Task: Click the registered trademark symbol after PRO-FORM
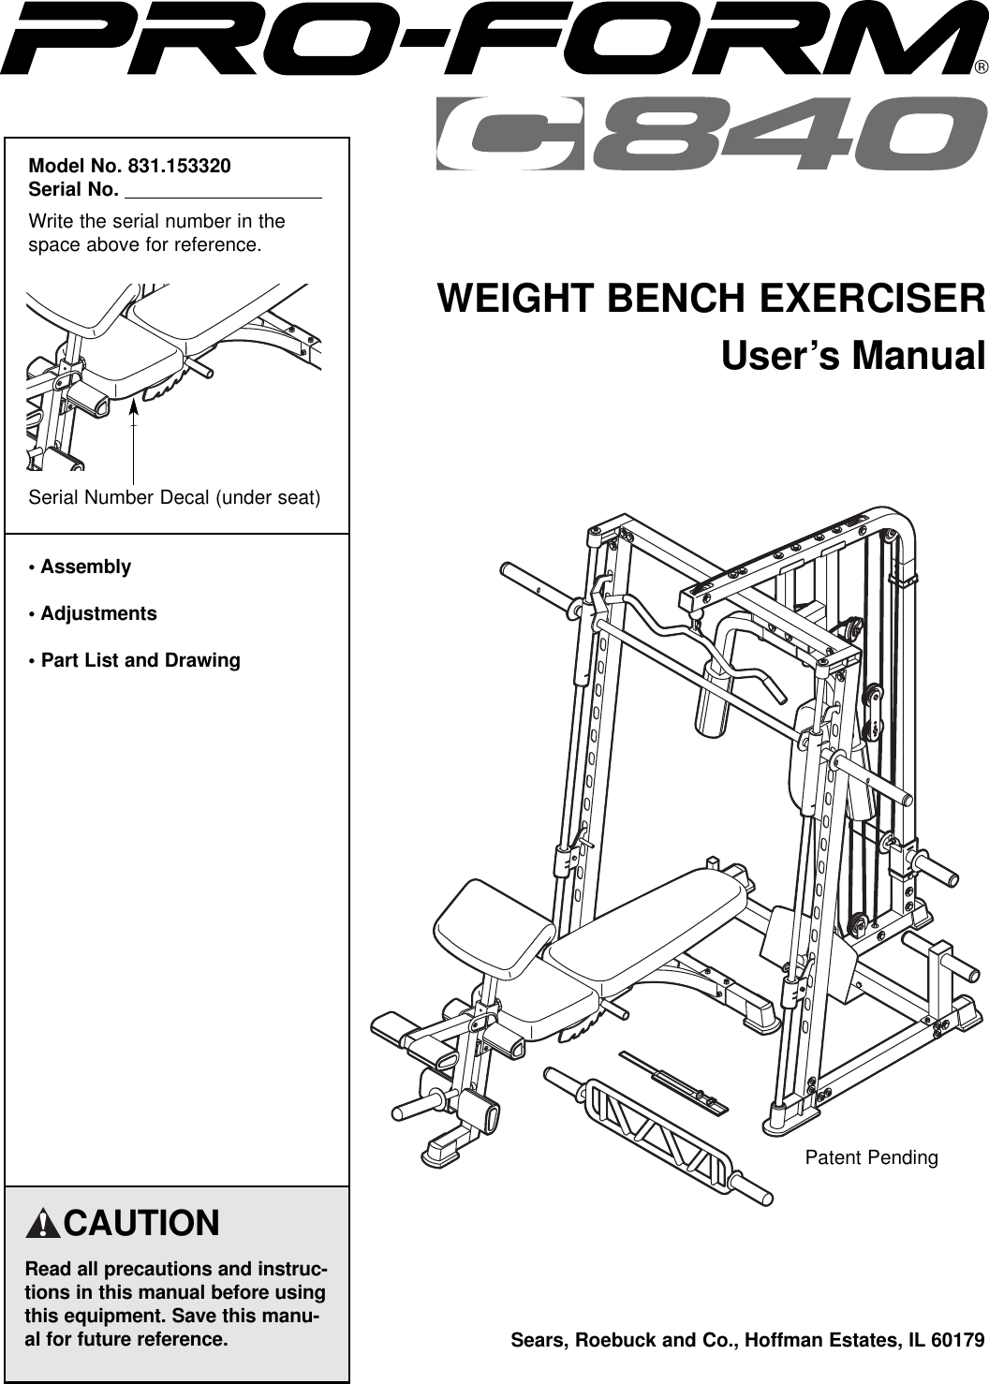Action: [980, 67]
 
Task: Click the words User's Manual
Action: [852, 357]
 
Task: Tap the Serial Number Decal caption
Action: [174, 497]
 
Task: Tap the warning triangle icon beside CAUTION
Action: [43, 1224]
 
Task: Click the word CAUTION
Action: [141, 1224]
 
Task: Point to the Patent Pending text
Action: [871, 1157]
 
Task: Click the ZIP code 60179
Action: [957, 1340]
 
